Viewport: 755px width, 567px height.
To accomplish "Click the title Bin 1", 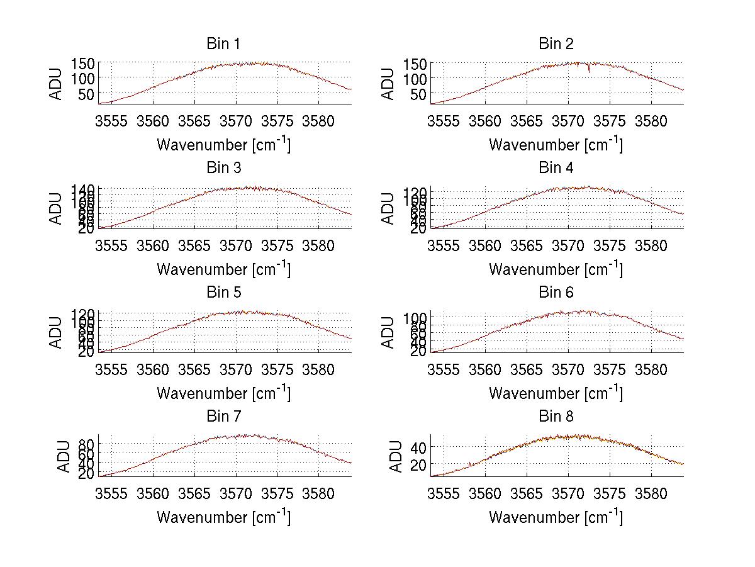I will pyautogui.click(x=223, y=44).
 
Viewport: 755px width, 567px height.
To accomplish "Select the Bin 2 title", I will pyautogui.click(x=556, y=44).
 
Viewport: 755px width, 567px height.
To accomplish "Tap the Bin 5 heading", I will pyautogui.click(x=223, y=293).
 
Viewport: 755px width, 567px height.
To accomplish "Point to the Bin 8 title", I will pyautogui.click(x=556, y=417).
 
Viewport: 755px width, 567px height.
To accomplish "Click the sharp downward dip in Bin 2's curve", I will pyautogui.click(x=589, y=70).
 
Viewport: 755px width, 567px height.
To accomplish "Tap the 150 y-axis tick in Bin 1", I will pyautogui.click(x=82, y=63).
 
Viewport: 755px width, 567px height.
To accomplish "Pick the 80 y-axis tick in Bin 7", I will pyautogui.click(x=86, y=444).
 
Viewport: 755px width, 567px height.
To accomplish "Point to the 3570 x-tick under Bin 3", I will pyautogui.click(x=236, y=245).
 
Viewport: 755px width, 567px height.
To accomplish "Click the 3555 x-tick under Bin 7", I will pyautogui.click(x=113, y=494).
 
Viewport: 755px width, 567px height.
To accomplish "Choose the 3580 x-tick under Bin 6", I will pyautogui.click(x=651, y=370).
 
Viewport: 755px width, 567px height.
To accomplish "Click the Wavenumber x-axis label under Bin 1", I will pyautogui.click(x=223, y=144).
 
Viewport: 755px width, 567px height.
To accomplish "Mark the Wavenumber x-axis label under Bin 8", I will pyautogui.click(x=556, y=517).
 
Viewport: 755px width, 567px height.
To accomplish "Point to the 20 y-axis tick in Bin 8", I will pyautogui.click(x=418, y=464).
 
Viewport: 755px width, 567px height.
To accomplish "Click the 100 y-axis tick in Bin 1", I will pyautogui.click(x=82, y=78).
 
